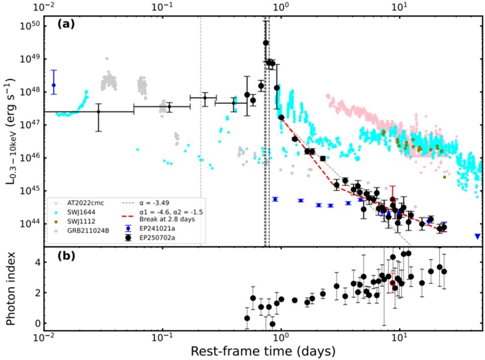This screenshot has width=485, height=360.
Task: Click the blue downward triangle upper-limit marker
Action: point(477,236)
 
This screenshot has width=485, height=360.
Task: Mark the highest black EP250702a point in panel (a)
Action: point(266,43)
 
